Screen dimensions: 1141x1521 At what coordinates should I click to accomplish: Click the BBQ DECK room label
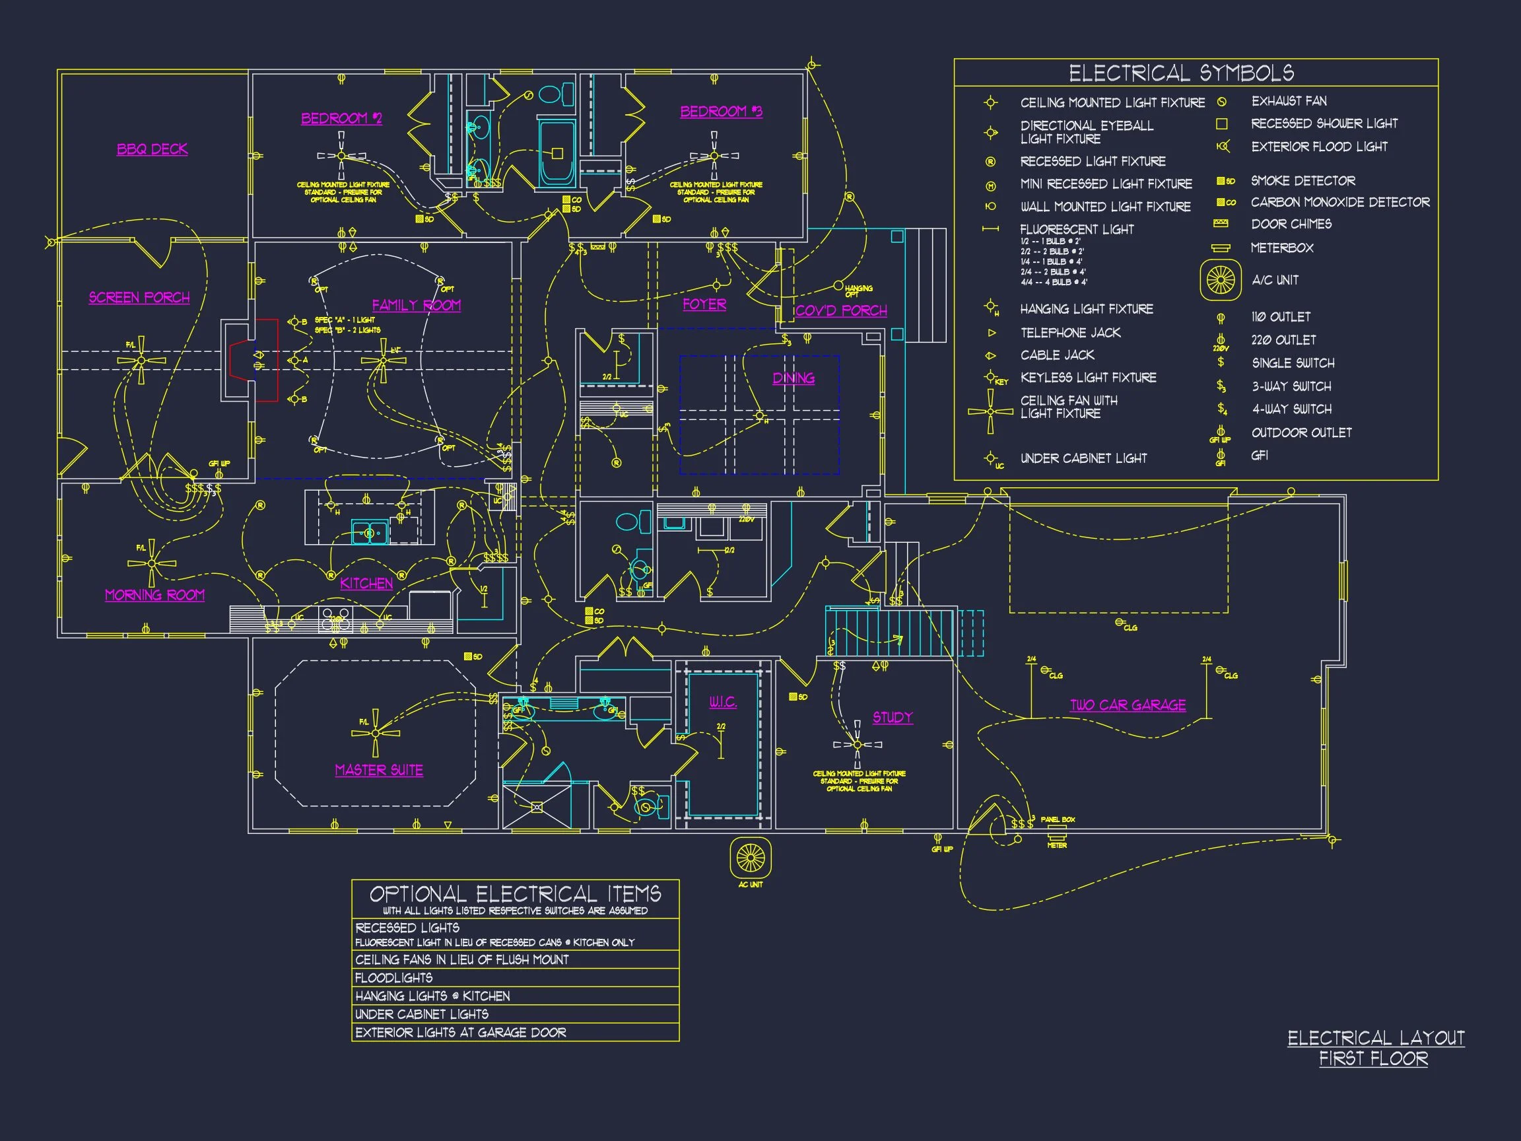pos(152,149)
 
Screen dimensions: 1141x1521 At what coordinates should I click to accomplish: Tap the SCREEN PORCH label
pos(139,297)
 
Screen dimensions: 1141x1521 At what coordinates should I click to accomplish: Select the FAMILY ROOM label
pos(416,304)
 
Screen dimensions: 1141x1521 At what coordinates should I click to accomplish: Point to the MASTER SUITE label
pos(379,770)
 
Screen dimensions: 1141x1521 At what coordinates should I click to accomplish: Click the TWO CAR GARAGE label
pos(1128,705)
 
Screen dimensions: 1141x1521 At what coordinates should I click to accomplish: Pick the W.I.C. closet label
pos(723,701)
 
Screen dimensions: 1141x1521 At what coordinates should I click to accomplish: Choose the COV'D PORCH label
pos(841,310)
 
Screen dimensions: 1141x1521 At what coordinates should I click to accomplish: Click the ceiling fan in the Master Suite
pos(376,733)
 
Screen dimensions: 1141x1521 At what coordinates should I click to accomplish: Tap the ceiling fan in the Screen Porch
pos(141,361)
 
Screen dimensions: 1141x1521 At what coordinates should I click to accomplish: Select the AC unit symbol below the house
pos(750,858)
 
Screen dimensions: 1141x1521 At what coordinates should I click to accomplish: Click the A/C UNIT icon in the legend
pos(1221,280)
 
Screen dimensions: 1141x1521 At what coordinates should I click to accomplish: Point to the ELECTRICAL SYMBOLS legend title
pos(1180,73)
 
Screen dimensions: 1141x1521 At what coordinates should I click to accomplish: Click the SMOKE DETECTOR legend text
pos(1303,181)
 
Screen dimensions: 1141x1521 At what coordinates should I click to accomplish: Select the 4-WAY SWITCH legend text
pos(1291,409)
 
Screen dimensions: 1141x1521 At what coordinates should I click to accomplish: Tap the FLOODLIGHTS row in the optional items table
pos(394,977)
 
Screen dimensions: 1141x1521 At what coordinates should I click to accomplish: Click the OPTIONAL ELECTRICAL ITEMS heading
pos(515,894)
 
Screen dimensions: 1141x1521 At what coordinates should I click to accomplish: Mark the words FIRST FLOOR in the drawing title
pos(1373,1058)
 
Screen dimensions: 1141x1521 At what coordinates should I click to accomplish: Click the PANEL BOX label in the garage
pos(1058,819)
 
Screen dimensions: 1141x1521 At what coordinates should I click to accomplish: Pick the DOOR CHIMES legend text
pos(1291,225)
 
